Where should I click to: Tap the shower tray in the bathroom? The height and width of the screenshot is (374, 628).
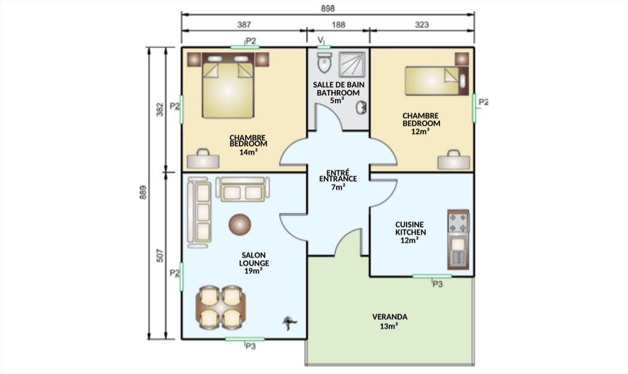tap(352, 64)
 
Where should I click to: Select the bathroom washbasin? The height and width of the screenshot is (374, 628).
tap(361, 107)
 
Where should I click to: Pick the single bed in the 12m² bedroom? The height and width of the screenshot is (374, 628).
tap(436, 81)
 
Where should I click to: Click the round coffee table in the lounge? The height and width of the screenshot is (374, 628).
tap(240, 225)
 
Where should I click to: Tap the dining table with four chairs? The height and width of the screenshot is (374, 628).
tap(220, 307)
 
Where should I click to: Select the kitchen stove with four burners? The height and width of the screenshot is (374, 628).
tap(458, 223)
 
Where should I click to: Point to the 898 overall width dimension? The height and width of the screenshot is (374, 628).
tap(328, 8)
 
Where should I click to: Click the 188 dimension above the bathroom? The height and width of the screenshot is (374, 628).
tap(339, 25)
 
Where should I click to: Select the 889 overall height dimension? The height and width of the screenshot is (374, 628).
tap(143, 192)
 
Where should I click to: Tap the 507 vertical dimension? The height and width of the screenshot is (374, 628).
tap(160, 255)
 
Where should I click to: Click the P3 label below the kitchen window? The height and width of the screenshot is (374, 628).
tap(437, 284)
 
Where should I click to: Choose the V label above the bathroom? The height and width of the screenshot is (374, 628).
tap(321, 40)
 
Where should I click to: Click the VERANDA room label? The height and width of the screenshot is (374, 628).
tap(390, 317)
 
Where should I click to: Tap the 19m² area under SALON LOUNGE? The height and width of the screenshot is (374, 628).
tap(253, 271)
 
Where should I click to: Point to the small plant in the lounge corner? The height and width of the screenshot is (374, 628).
tap(289, 323)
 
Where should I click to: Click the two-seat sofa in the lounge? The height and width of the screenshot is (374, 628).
tap(243, 189)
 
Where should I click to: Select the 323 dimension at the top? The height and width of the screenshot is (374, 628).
tap(421, 25)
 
